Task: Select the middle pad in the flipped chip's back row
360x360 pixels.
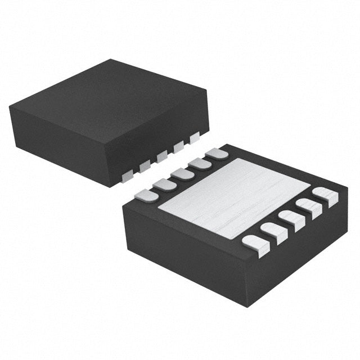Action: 181,173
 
